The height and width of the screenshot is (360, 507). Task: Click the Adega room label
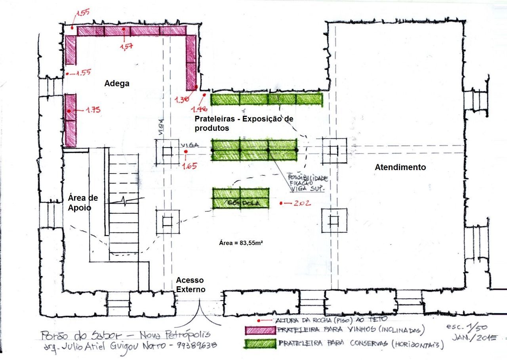117,84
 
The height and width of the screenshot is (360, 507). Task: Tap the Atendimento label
400,167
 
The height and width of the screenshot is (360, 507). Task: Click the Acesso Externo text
191,285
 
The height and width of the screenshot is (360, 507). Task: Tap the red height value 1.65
189,166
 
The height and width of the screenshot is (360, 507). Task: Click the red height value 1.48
199,109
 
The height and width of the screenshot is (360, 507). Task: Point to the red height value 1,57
126,47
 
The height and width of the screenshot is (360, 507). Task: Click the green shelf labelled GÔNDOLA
241,198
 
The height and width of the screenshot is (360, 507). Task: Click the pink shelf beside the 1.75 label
71,121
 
